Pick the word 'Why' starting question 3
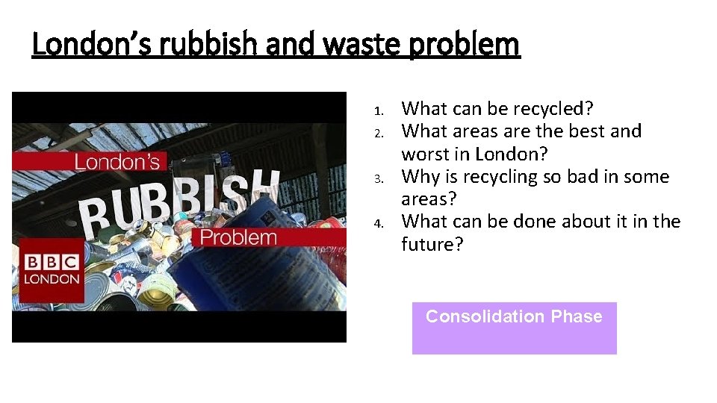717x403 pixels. click(420, 177)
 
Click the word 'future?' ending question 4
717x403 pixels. click(432, 245)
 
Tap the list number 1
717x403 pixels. click(379, 111)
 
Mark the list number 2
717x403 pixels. click(379, 134)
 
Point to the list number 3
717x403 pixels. click(379, 179)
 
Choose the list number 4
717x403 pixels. click(379, 224)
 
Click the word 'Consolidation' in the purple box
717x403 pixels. click(485, 316)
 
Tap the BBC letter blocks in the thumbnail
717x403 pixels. click(52, 263)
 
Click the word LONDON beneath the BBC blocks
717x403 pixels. click(52, 280)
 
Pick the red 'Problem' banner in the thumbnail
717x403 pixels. click(239, 238)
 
